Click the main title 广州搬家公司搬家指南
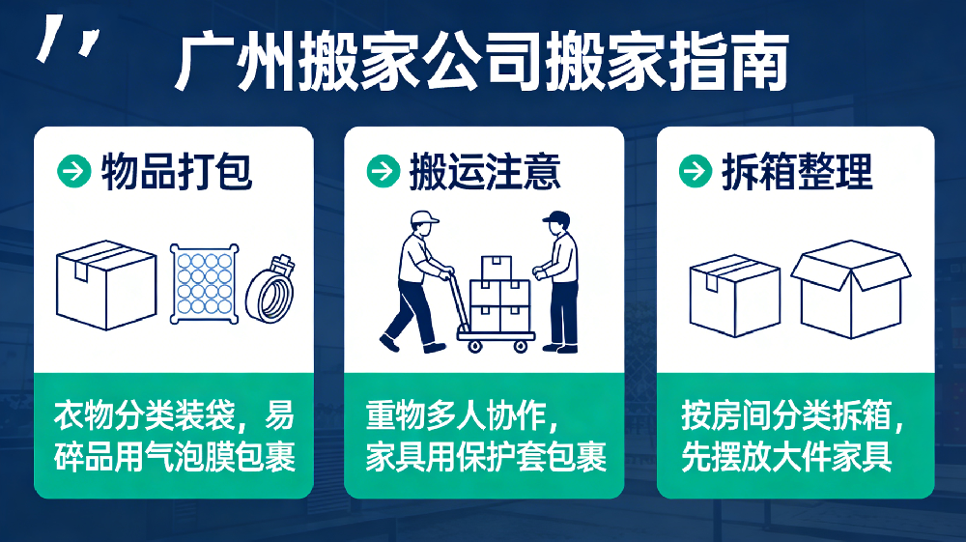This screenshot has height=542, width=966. (482, 62)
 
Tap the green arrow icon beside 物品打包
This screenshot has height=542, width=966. (74, 171)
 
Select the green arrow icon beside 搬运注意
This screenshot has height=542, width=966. (384, 171)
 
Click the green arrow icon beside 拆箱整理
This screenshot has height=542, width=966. (696, 171)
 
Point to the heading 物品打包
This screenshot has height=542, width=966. (177, 171)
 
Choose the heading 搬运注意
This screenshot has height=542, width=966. (486, 171)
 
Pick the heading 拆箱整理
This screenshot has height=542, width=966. (798, 171)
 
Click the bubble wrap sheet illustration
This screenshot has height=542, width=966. (205, 283)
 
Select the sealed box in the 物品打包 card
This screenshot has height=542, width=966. (106, 285)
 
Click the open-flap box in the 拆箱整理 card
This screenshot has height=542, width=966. (851, 289)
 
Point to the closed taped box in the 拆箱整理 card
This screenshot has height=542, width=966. (735, 296)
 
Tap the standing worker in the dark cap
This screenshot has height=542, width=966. (558, 281)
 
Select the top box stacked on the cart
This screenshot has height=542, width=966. (497, 268)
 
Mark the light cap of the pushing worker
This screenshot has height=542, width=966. (423, 216)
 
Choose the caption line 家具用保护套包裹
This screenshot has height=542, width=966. (486, 457)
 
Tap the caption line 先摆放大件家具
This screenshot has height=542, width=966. (786, 457)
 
